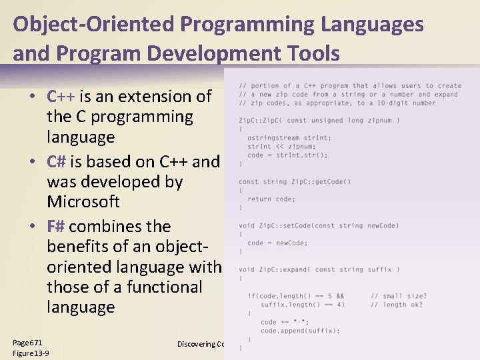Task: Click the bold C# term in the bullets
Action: pos(57,162)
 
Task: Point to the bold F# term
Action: pos(57,227)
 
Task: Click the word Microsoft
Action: pos(83,201)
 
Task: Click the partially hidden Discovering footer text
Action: pos(200,344)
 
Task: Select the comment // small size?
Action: pos(399,296)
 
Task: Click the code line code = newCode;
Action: pos(277,243)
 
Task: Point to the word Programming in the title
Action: pos(249,25)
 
